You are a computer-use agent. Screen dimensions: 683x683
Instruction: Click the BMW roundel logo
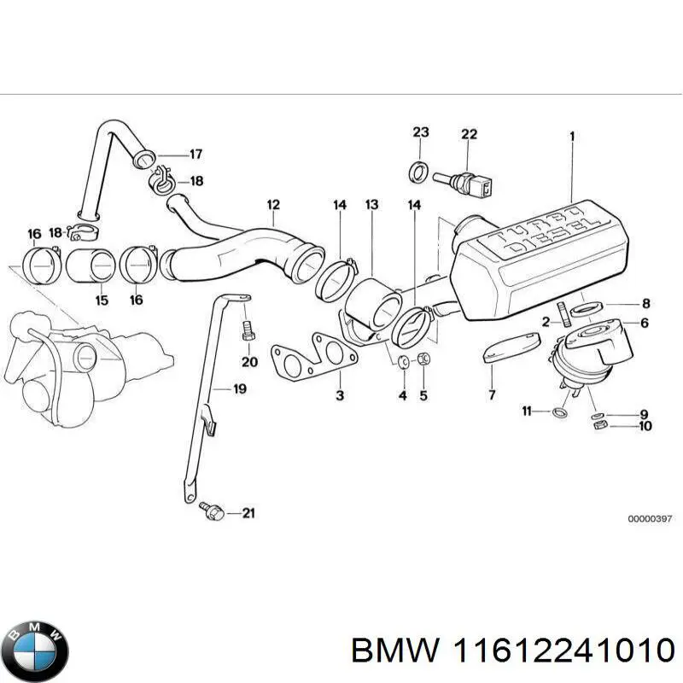coord(35,650)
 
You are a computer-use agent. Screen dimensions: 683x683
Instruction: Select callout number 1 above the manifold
coord(572,135)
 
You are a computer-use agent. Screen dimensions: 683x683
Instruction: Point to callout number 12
coord(272,205)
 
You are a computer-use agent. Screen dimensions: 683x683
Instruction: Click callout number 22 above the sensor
coord(469,134)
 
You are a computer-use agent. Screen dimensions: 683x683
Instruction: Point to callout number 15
coord(101,300)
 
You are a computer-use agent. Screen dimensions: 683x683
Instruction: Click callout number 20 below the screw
coord(248,362)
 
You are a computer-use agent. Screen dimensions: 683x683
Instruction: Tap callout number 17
coord(196,155)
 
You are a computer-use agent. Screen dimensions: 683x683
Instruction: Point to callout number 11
coord(528,412)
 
